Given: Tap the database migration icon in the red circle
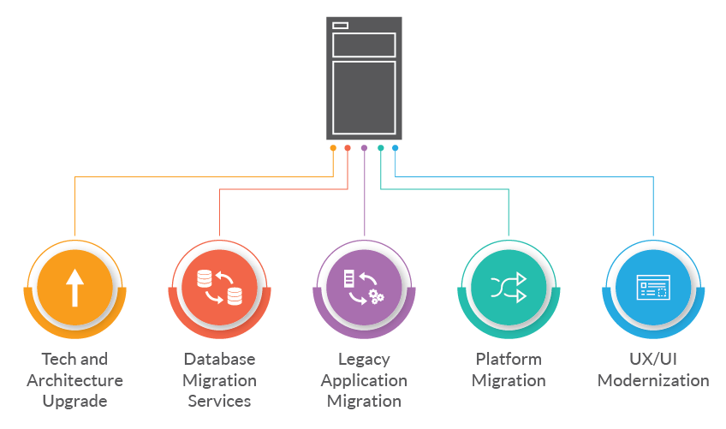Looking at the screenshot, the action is click(219, 287).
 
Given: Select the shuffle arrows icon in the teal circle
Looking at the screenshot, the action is click(509, 287).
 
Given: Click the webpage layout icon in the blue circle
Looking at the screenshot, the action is click(653, 287).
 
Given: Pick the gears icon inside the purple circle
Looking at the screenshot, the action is click(376, 296).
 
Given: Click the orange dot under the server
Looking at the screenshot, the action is click(333, 148).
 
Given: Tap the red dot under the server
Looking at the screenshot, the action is click(348, 148).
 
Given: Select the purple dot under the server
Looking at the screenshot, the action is click(365, 148).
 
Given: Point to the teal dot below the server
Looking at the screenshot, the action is click(381, 148).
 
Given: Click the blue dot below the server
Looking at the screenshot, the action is click(395, 148).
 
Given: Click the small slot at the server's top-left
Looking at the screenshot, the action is click(341, 26).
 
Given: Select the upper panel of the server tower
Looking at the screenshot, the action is click(364, 45).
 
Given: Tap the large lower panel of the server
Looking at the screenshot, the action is click(364, 98).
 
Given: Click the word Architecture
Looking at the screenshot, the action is click(75, 380).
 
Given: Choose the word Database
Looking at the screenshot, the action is click(219, 359).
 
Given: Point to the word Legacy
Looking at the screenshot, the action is click(364, 360).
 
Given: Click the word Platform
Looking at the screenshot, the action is click(509, 359).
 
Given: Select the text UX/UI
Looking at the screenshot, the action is click(653, 359).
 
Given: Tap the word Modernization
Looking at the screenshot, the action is click(653, 380).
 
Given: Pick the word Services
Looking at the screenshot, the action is click(219, 401).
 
